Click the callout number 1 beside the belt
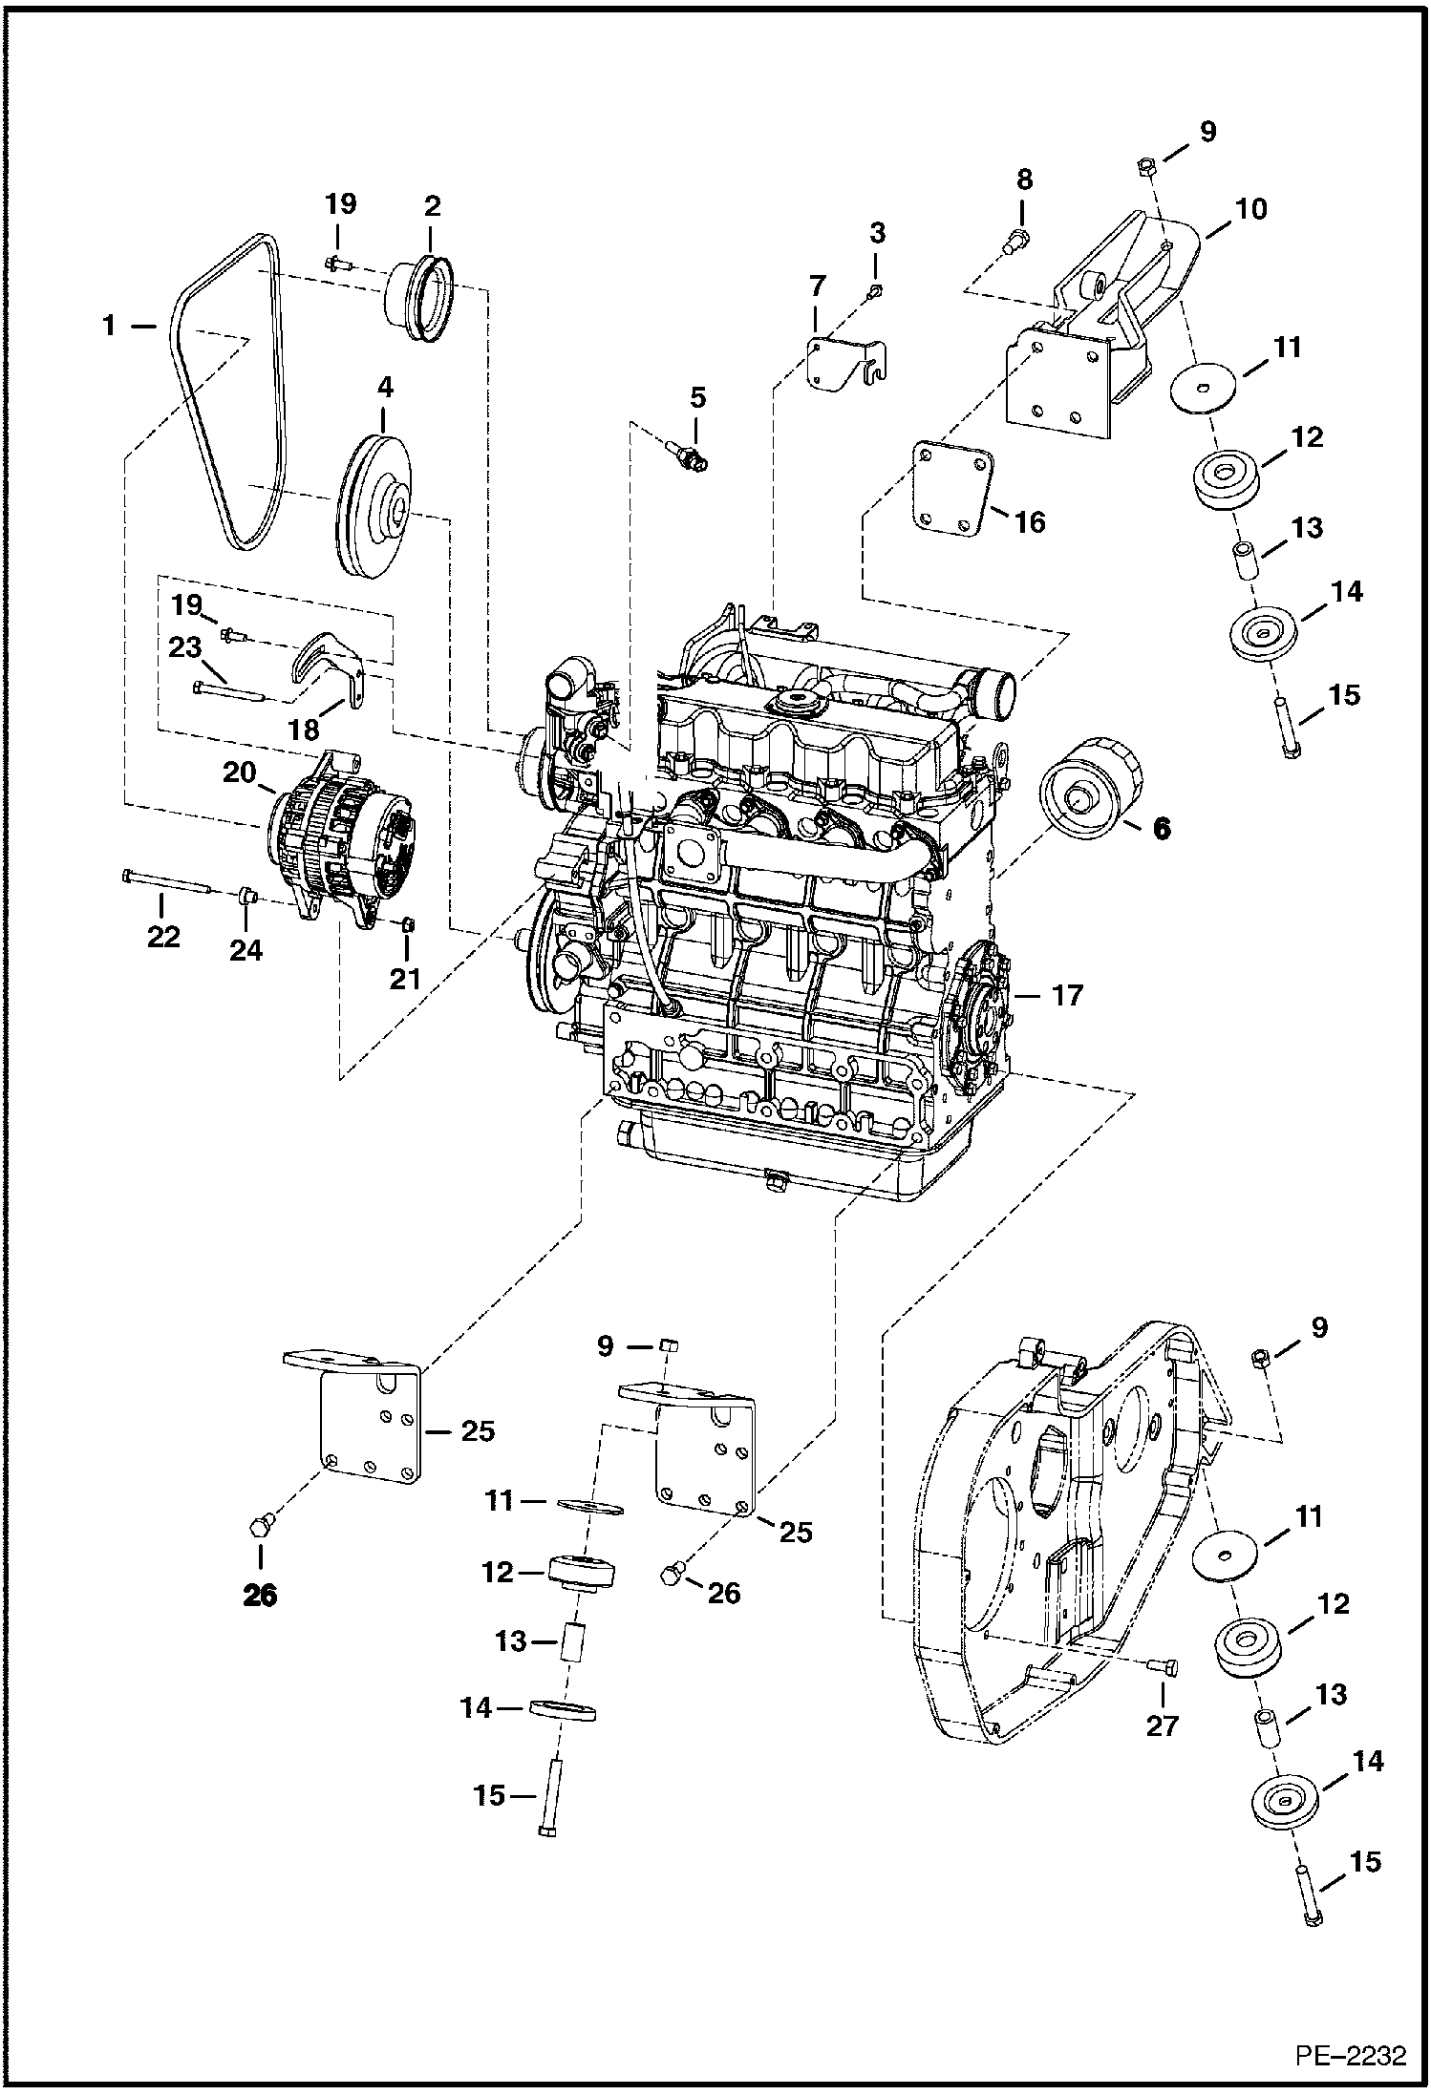pyautogui.click(x=110, y=327)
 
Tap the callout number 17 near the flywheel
pyautogui.click(x=1067, y=996)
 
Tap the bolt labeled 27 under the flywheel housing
pyautogui.click(x=1164, y=1664)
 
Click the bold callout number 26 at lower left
pyautogui.click(x=260, y=1595)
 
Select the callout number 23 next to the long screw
pyautogui.click(x=185, y=647)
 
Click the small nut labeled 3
pyautogui.click(x=876, y=289)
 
